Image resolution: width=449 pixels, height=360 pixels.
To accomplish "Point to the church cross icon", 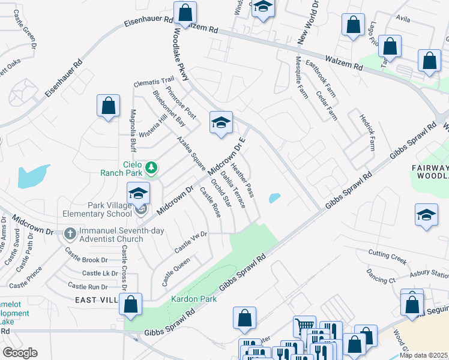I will pyautogui.click(x=70, y=233).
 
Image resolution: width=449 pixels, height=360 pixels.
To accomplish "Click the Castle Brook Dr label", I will pyautogui.click(x=86, y=260).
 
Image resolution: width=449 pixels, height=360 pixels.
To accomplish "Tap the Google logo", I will pyautogui.click(x=20, y=353).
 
